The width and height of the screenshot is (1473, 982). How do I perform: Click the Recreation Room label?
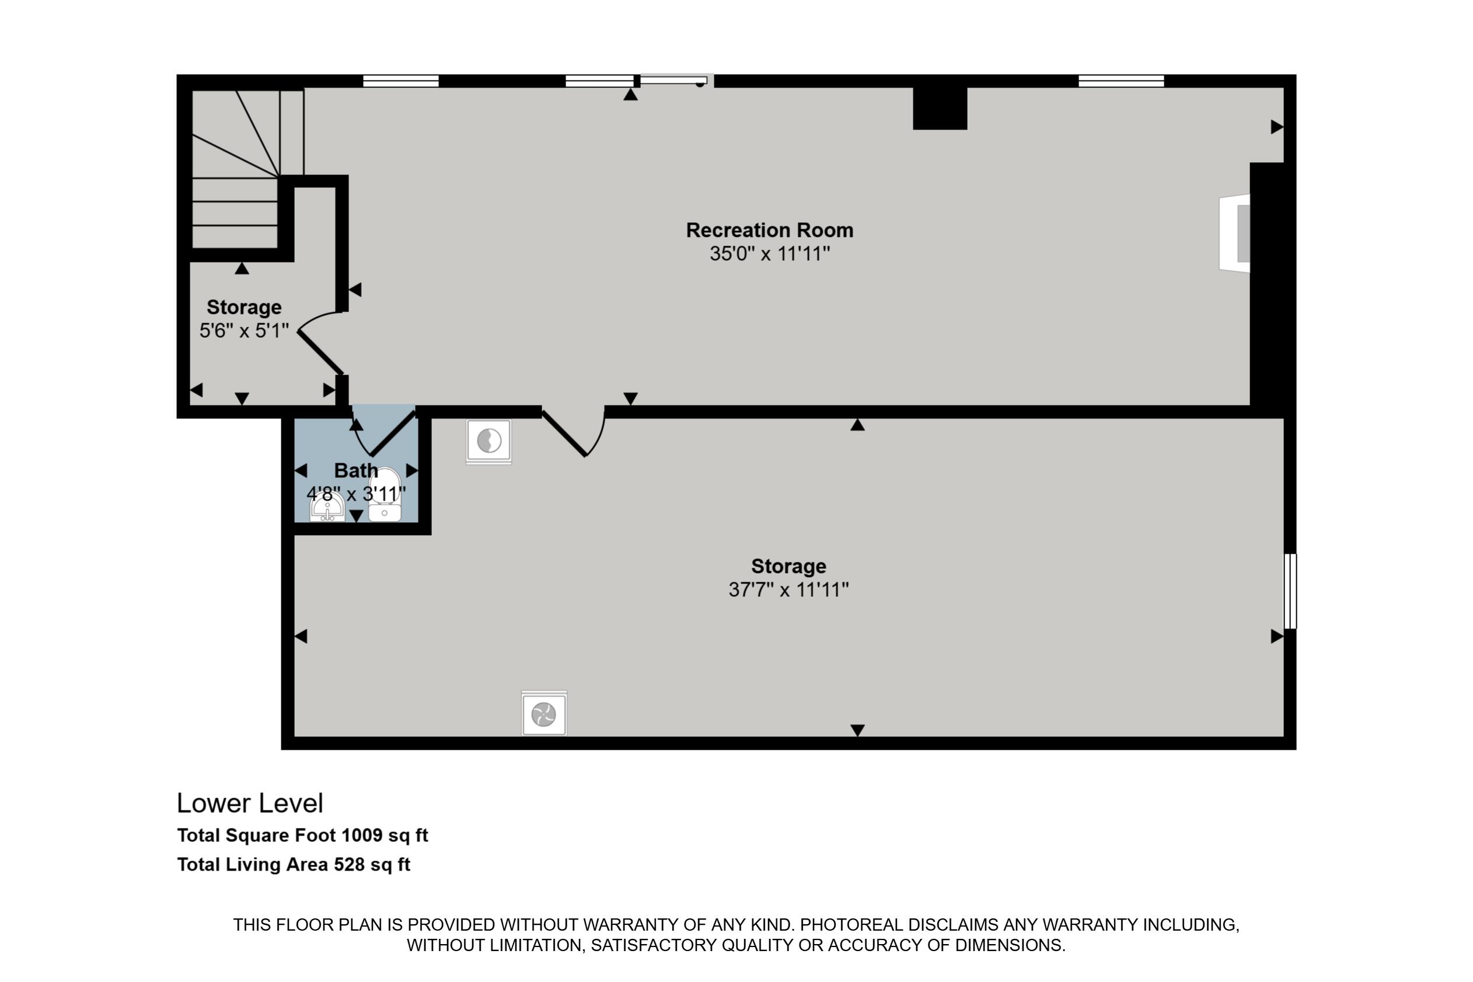[x=770, y=230]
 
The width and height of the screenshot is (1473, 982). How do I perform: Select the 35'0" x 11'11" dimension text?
[x=770, y=254]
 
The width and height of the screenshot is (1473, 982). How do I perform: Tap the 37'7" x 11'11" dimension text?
[x=788, y=589]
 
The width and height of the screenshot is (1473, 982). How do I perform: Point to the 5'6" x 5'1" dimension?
[x=243, y=330]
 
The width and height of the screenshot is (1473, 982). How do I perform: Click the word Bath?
[x=356, y=470]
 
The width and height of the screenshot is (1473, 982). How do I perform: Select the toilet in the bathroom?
[x=385, y=494]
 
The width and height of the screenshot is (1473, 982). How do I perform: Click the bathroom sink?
[x=327, y=506]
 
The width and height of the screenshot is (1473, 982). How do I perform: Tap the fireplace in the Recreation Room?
[x=1234, y=233]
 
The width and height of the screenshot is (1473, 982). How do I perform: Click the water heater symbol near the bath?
[x=489, y=442]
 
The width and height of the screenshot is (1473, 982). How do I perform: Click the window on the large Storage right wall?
[x=1290, y=590]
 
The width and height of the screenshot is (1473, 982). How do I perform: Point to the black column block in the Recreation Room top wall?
[x=940, y=109]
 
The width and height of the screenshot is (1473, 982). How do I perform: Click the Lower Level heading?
[x=250, y=803]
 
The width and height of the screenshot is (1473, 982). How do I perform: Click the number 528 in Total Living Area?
[x=349, y=864]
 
